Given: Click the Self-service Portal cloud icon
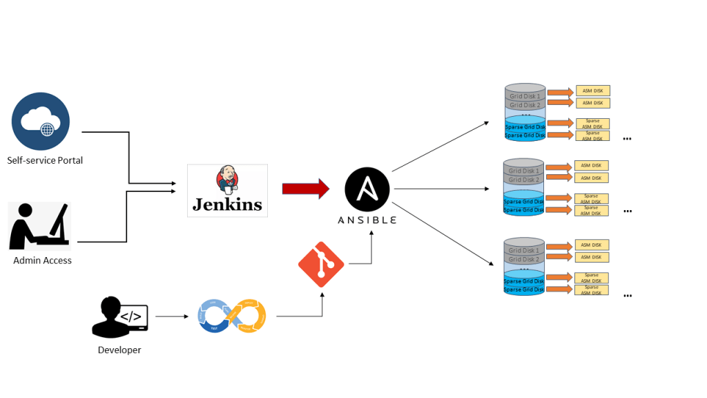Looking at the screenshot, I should (41, 121).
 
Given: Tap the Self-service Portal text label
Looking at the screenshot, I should (45, 160).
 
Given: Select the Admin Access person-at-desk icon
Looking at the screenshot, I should (39, 226).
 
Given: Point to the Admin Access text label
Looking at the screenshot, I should (42, 260).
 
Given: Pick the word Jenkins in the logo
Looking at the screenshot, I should (227, 205).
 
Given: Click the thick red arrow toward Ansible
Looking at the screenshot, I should (305, 189).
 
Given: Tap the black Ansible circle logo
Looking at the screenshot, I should (367, 189).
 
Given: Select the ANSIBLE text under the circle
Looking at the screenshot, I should (367, 220).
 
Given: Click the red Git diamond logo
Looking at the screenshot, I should (321, 265).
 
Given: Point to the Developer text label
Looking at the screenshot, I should (119, 350).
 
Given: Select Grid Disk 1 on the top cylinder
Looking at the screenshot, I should (525, 95).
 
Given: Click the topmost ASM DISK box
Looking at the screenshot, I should (592, 91).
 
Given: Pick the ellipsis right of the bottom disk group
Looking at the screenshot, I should (627, 296).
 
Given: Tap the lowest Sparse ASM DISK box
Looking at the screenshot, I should (591, 290).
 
